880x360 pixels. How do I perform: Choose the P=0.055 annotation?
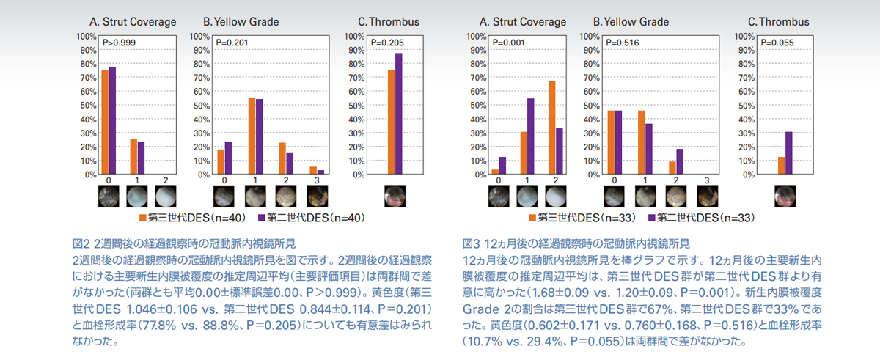[779, 43]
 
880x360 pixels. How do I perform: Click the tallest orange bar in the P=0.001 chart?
[551, 128]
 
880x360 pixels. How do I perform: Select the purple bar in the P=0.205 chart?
[399, 114]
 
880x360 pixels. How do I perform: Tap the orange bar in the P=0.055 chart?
[782, 166]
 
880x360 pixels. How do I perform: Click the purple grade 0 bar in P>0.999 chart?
[113, 121]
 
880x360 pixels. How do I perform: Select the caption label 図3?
[471, 242]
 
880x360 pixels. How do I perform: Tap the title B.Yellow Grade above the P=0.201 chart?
[241, 22]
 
